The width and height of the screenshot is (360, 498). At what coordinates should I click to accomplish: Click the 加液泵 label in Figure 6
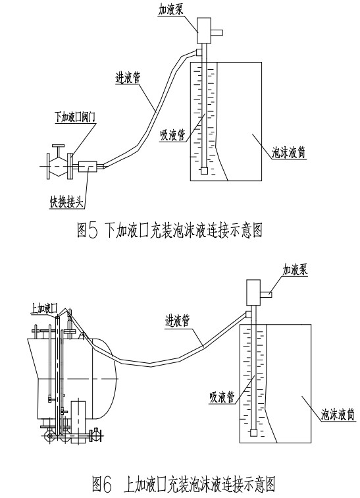(296, 269)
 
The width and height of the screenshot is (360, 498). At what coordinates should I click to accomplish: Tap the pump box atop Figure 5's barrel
(205, 29)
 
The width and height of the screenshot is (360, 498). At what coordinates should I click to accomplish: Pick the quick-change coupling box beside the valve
(87, 167)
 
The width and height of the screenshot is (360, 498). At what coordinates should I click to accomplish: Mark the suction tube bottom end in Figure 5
(204, 171)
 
